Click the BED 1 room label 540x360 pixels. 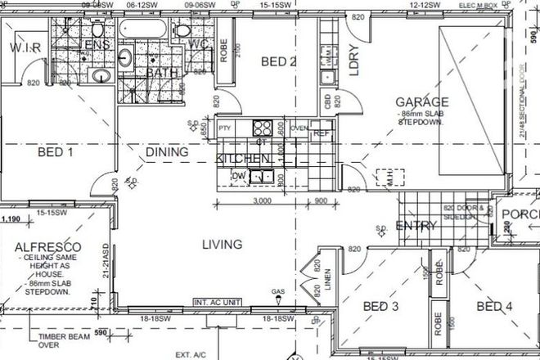tap(56, 152)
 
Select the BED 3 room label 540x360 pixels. tap(380, 307)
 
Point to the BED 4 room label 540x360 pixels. tap(495, 307)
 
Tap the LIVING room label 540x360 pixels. tap(222, 244)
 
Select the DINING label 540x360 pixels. tap(167, 152)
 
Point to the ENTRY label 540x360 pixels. tap(415, 226)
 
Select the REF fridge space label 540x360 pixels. tap(321, 133)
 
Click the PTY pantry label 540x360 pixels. tap(224, 128)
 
